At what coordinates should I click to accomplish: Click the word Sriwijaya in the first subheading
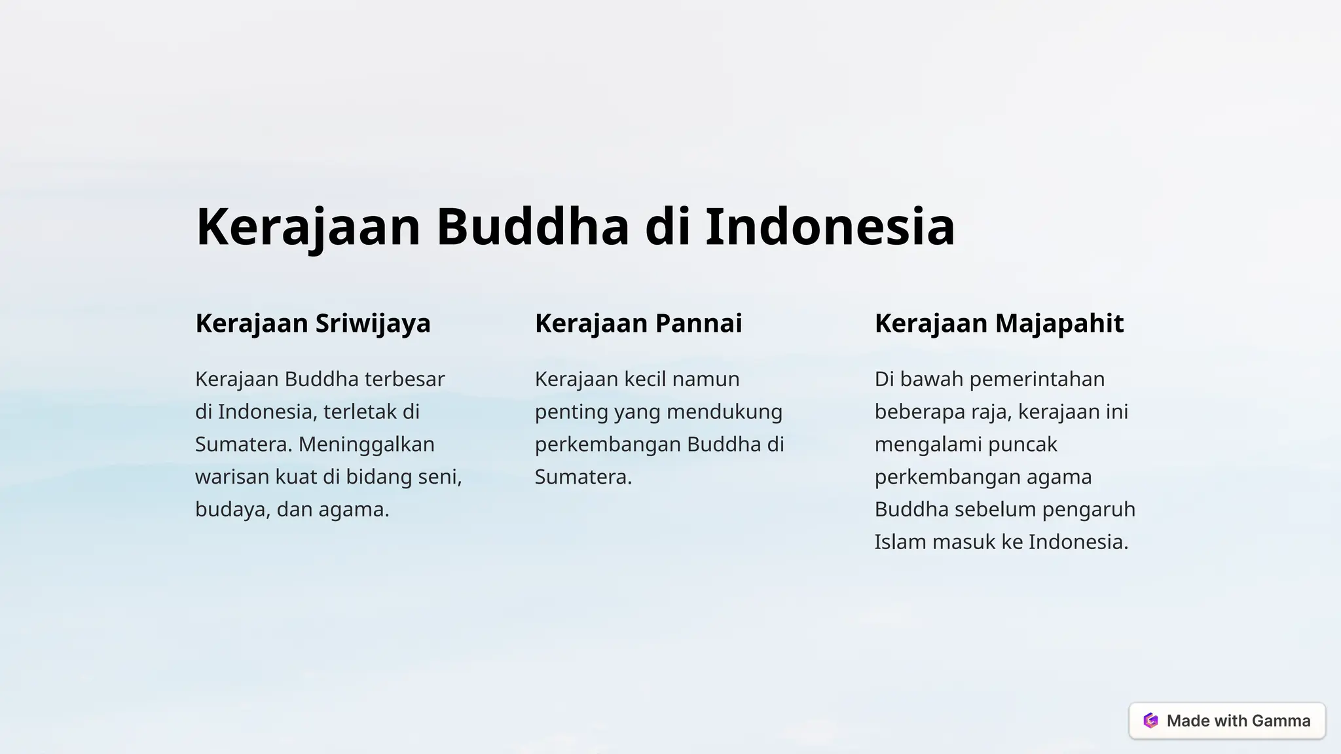coord(373,323)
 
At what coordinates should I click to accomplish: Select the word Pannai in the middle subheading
coord(699,323)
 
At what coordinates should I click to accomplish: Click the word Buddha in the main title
coord(532,226)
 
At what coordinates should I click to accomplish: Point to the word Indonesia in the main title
coord(830,226)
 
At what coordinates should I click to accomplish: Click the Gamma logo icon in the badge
coord(1150,721)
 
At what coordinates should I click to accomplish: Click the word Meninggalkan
coord(367,444)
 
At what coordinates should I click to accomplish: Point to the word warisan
coord(232,477)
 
